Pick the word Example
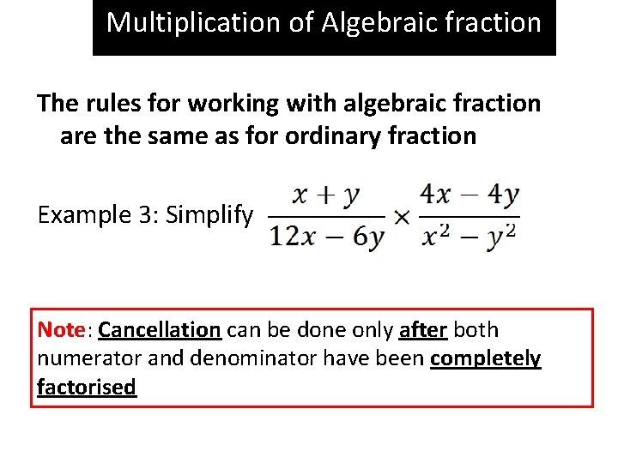(x=82, y=214)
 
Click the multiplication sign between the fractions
(x=401, y=217)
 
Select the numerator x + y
(x=326, y=196)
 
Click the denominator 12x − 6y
(x=327, y=237)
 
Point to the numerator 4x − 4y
(x=469, y=195)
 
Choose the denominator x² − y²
(x=469, y=236)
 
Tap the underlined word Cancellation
(x=160, y=330)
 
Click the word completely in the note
(x=486, y=358)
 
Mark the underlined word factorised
(x=87, y=387)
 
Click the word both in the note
(x=476, y=330)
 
